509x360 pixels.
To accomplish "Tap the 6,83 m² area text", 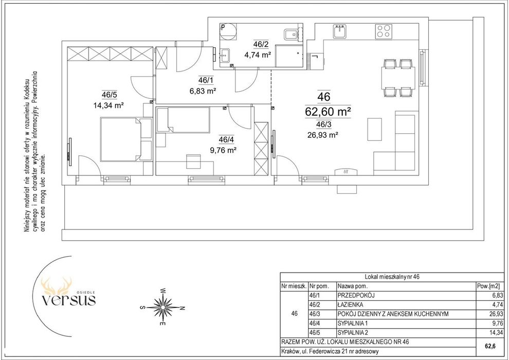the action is pos(203,91).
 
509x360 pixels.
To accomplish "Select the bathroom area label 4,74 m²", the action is pos(258,55).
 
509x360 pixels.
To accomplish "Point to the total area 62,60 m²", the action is pos(328,112).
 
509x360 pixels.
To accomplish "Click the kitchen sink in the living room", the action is pos(340,31).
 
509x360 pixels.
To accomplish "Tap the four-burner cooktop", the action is pos(384,31).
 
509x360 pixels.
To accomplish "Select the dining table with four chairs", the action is pos(398,78).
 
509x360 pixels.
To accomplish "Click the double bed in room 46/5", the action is pos(126,139).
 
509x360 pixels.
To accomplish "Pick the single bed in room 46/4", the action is pos(183,120).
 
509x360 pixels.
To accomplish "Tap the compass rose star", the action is pos(163,307).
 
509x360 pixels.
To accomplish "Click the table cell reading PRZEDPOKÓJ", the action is pos(356,296).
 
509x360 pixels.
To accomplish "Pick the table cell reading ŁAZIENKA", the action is pos(350,305).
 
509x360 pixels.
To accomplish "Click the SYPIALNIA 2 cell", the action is pos(353,332).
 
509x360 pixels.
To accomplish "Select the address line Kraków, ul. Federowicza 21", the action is pos(330,351).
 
